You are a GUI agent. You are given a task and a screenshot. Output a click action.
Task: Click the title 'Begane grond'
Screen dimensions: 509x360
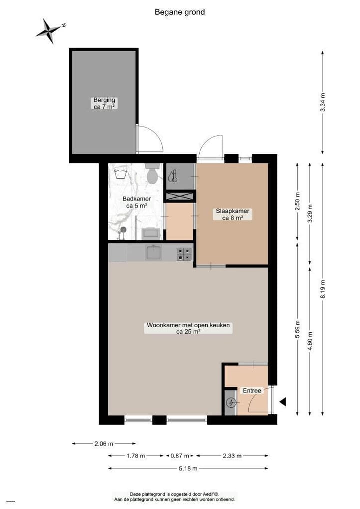pos(180,12)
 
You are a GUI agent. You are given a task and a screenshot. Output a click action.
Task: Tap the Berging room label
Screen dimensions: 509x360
pos(104,103)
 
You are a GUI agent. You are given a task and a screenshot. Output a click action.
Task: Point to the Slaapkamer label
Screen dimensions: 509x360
pos(232,214)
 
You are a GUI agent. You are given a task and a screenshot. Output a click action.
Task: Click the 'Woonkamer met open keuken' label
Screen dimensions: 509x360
pos(188,328)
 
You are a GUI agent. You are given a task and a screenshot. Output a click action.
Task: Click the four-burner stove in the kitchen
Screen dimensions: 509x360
pos(184,254)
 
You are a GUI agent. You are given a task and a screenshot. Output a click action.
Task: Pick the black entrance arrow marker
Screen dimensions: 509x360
pos(283,401)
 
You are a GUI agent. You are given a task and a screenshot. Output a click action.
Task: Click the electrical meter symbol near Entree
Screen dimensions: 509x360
pos(231,403)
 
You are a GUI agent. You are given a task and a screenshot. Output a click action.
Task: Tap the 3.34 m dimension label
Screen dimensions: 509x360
pos(323,103)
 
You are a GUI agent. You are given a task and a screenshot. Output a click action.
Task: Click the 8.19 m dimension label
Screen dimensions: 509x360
pos(323,290)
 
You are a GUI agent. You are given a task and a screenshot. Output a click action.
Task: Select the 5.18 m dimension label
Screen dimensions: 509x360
pos(188,468)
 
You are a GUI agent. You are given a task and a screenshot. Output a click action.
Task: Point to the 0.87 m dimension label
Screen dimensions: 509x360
pos(180,456)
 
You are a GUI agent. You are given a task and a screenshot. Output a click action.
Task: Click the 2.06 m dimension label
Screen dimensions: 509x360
pos(103,443)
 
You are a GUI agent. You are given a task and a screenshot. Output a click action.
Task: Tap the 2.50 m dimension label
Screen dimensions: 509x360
pos(298,202)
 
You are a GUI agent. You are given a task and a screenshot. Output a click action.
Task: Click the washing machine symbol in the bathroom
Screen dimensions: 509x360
pos(120,174)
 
